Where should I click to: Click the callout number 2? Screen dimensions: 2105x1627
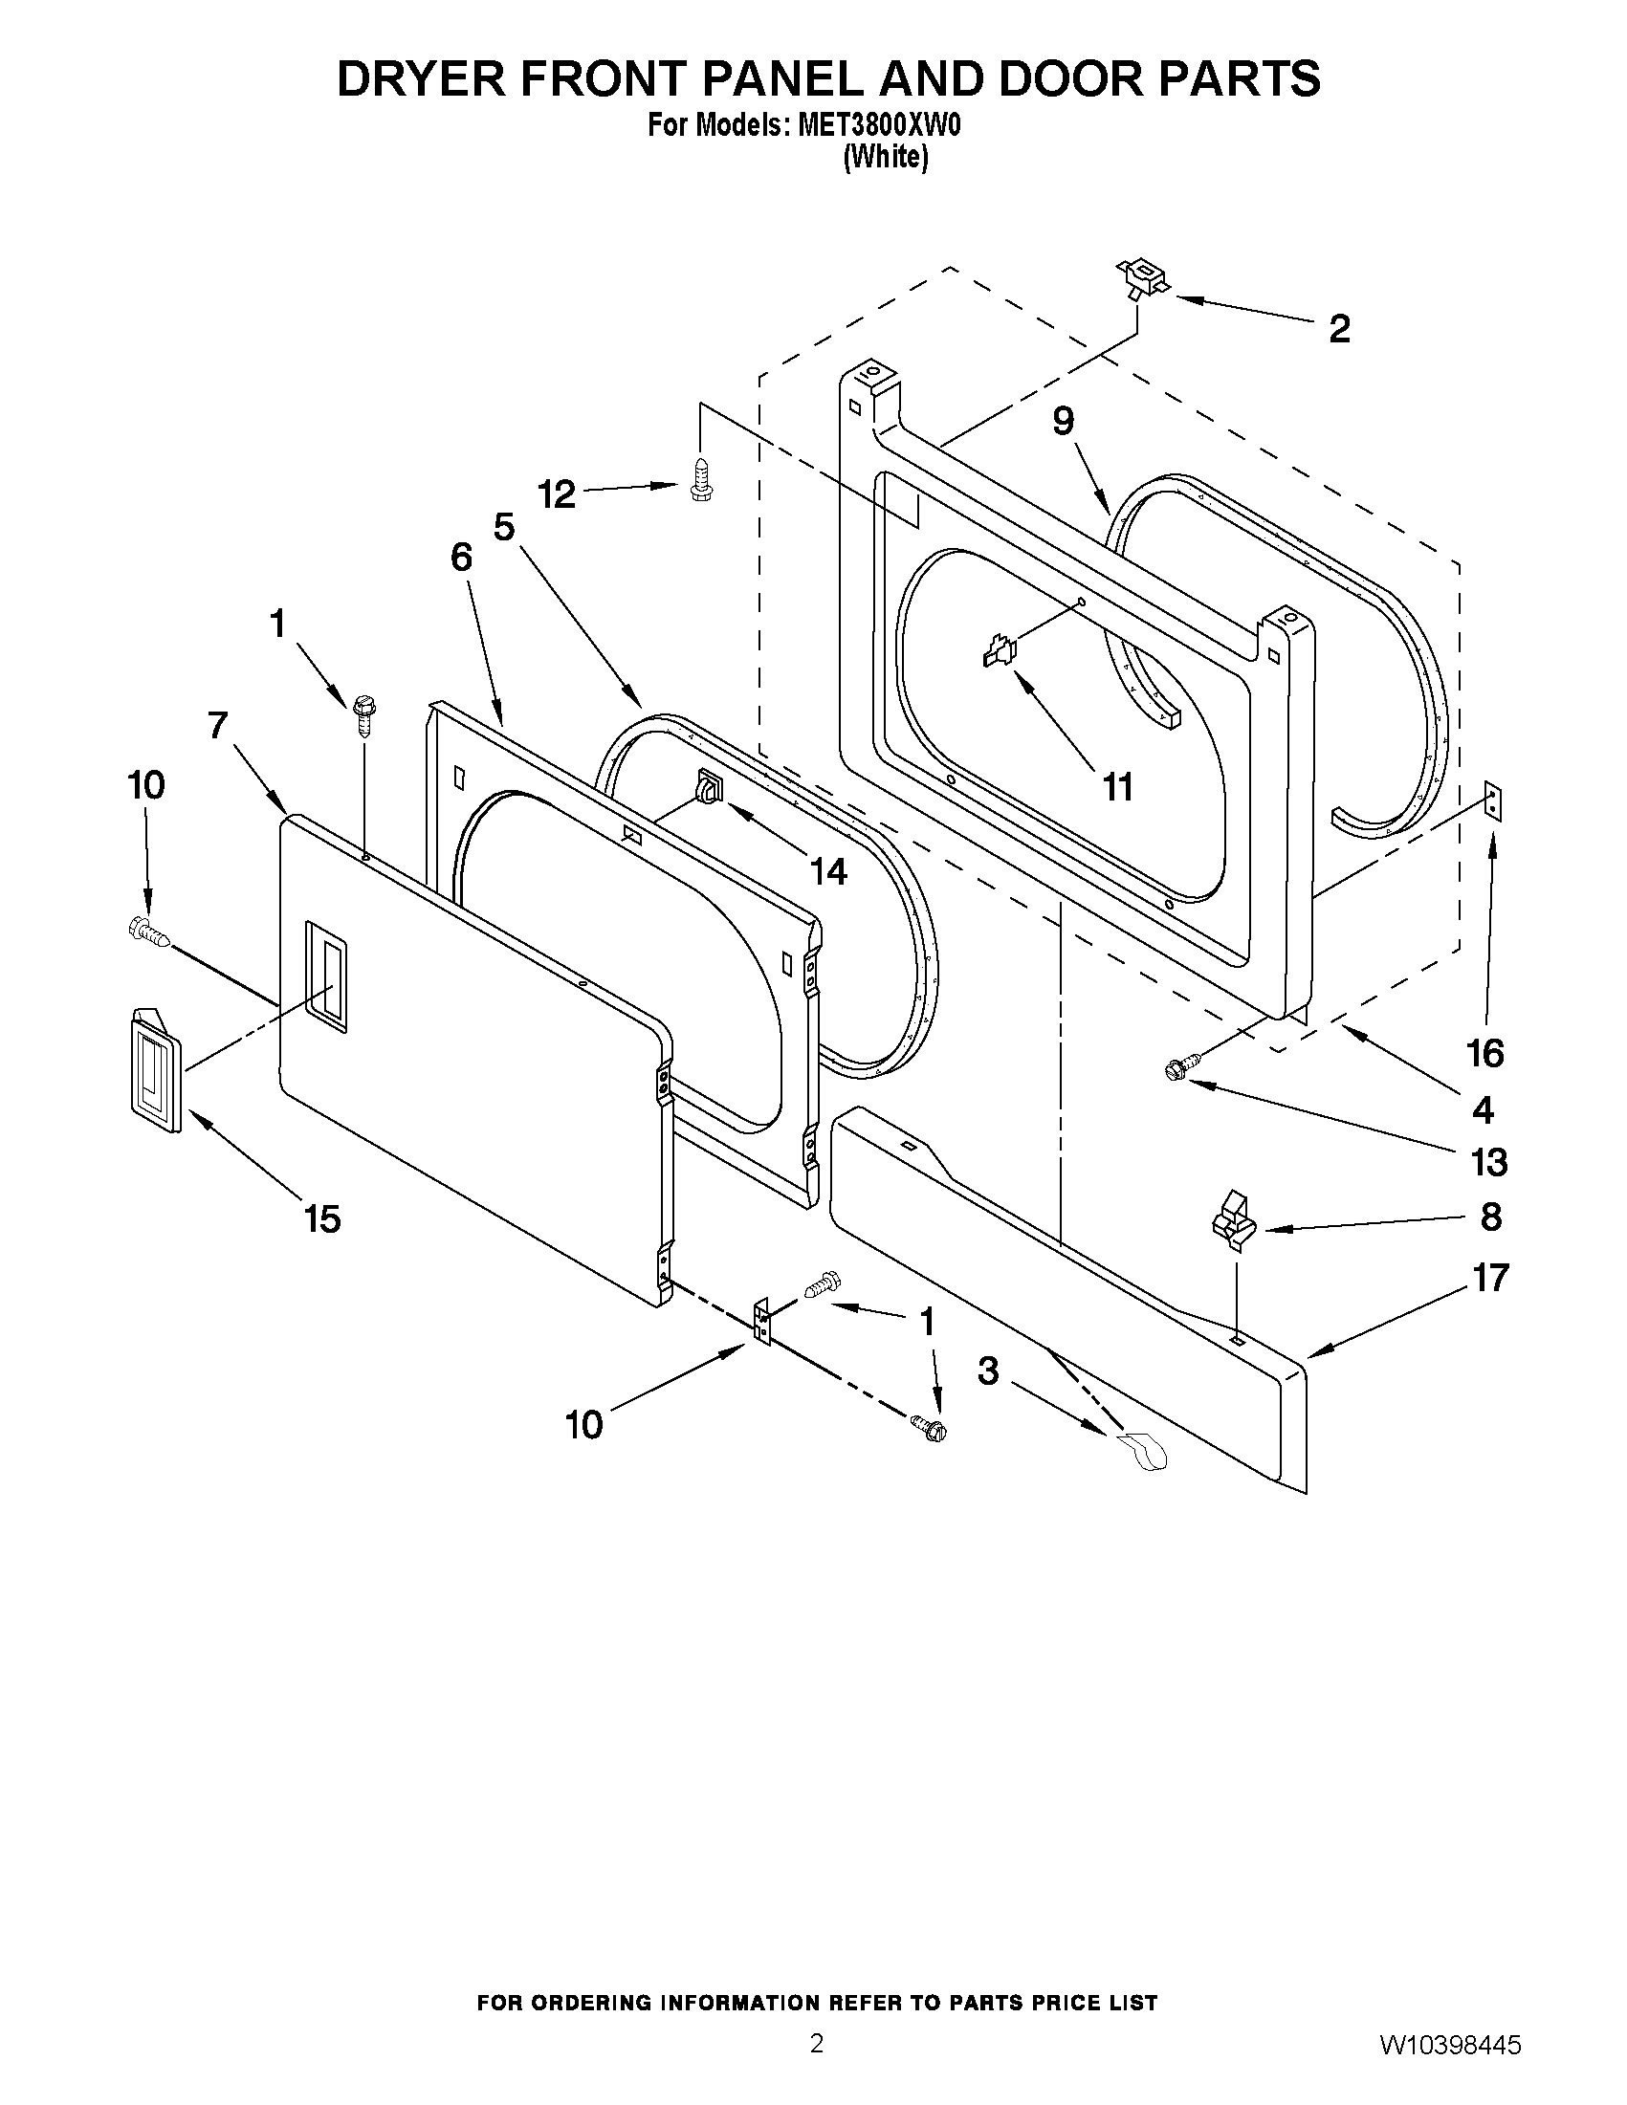tap(1339, 329)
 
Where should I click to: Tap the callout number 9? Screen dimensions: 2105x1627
tap(1063, 420)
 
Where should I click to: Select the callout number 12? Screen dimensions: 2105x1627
tap(557, 494)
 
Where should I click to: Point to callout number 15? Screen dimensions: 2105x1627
tap(322, 1219)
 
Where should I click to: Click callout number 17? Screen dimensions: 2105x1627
tap(1489, 1278)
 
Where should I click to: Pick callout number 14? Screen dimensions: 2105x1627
tap(828, 871)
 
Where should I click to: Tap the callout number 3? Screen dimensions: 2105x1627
tap(988, 1370)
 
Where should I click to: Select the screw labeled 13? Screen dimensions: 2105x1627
tap(1180, 1066)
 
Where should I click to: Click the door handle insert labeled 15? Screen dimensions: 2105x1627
tap(155, 1067)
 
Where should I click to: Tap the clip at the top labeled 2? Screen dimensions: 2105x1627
tap(1141, 278)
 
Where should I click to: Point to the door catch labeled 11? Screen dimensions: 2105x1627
tap(1000, 651)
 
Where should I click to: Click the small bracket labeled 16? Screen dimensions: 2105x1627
tap(1493, 800)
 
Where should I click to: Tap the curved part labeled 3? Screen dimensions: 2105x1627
tap(1142, 1451)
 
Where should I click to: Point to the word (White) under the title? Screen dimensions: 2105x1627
tap(886, 157)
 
